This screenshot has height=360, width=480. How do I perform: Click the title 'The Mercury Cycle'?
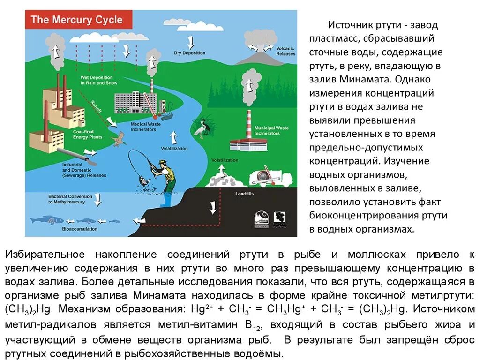[x=76, y=20]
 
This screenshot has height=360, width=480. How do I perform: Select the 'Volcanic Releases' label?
[x=286, y=51]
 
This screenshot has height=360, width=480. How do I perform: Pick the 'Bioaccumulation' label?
[x=80, y=229]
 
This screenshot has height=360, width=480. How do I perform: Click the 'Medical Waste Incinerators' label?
[x=143, y=127]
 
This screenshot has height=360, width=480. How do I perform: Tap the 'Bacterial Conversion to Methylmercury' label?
[x=66, y=199]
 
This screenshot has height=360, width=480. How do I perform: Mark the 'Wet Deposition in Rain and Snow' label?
[x=98, y=80]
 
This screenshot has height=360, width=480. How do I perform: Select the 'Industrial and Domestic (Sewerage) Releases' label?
[x=84, y=170]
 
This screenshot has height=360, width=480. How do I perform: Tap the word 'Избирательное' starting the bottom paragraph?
[x=45, y=255]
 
